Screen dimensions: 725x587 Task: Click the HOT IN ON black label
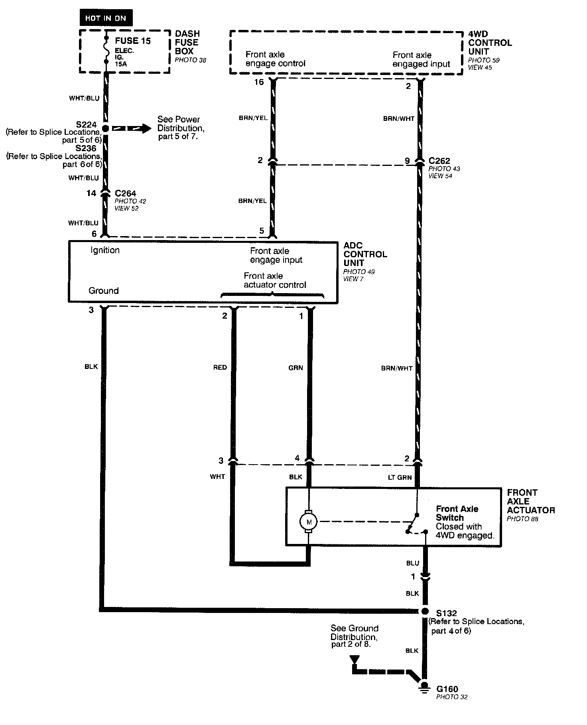click(106, 18)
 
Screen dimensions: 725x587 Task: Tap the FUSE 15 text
click(132, 41)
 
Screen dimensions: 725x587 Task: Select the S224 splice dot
click(105, 128)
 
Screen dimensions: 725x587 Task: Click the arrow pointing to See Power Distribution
click(132, 128)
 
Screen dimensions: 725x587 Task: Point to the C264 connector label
click(125, 193)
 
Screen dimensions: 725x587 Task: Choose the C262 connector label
click(439, 161)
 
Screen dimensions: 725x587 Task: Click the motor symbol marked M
click(308, 522)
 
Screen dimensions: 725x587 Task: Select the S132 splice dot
click(424, 611)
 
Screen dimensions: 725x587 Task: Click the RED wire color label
click(220, 367)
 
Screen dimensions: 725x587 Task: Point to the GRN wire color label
click(295, 368)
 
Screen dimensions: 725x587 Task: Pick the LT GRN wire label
click(400, 477)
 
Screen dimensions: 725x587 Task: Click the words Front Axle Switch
click(457, 513)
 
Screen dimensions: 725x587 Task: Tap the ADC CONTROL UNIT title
click(365, 254)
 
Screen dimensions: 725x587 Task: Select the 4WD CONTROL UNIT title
click(490, 43)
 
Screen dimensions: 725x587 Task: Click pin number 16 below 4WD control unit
click(259, 82)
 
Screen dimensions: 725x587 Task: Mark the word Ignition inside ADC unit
click(105, 250)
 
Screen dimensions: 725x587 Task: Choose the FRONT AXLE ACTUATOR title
click(530, 501)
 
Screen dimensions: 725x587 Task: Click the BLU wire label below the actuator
click(413, 563)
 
